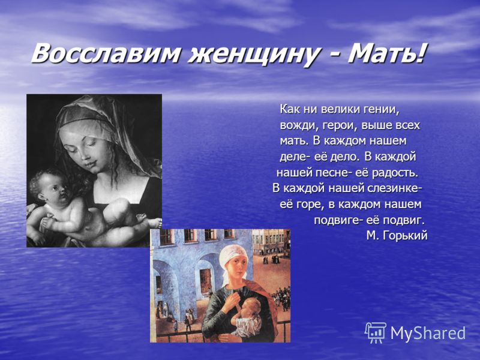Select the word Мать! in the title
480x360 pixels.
[x=387, y=53]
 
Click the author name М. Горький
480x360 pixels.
[x=397, y=235]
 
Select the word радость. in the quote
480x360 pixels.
[x=395, y=173]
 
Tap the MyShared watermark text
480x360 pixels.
[x=428, y=333]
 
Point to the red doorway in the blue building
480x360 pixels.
[x=205, y=280]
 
